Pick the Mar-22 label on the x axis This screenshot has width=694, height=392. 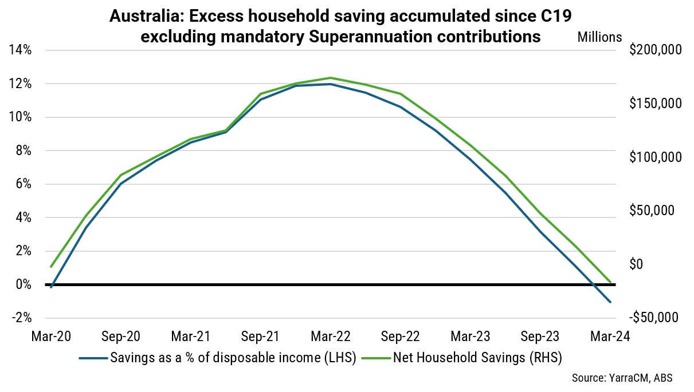tap(331, 336)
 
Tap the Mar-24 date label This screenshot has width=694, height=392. tap(610, 336)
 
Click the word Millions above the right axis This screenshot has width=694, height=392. tap(599, 37)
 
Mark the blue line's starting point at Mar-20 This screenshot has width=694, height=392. tap(51, 287)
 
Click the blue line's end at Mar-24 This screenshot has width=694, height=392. tap(610, 302)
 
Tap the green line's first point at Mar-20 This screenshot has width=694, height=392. tap(51, 267)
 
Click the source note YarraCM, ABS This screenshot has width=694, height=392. tap(622, 378)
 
